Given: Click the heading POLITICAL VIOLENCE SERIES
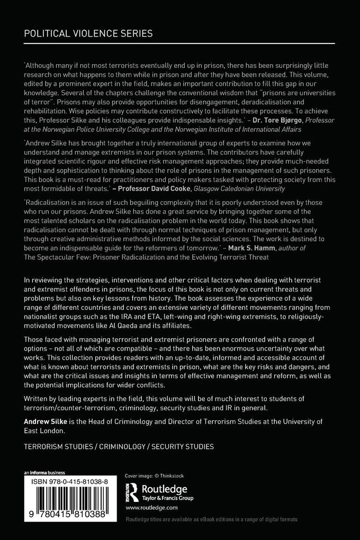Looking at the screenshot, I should [88, 33].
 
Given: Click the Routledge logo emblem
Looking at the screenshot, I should [131, 492].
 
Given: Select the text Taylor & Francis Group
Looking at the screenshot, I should [167, 498].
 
